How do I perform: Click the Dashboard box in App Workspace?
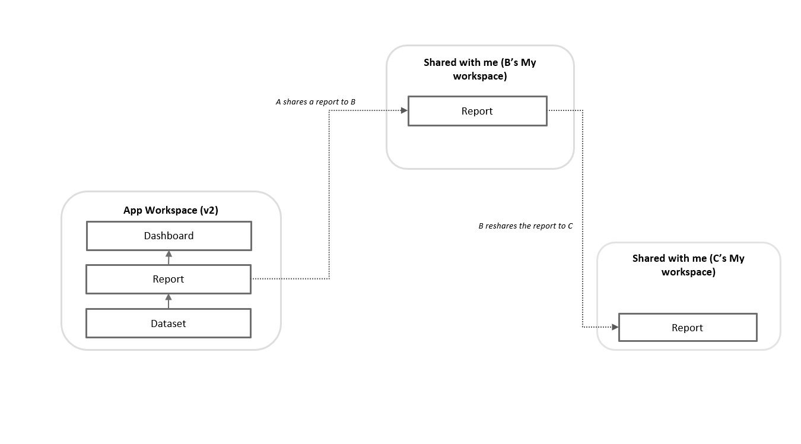pos(169,236)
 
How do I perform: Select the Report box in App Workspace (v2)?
pos(169,279)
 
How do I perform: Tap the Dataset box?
pos(169,324)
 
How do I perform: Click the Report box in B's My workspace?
pos(477,111)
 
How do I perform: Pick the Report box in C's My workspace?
pos(687,328)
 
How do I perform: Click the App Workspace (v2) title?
pos(171,211)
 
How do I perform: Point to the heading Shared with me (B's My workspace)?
pos(479,69)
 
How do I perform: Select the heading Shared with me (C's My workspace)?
pos(688,265)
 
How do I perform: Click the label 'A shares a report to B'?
pos(316,102)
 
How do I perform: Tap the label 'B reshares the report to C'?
pos(525,226)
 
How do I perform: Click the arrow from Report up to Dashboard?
pos(169,258)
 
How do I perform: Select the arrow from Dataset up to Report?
pos(169,301)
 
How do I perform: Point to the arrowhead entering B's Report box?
pos(404,110)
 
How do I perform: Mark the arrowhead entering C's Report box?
pos(615,327)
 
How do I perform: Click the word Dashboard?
pos(169,236)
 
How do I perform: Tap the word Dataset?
pos(169,324)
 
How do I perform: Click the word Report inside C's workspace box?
pos(687,328)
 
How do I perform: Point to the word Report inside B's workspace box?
pos(477,111)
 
